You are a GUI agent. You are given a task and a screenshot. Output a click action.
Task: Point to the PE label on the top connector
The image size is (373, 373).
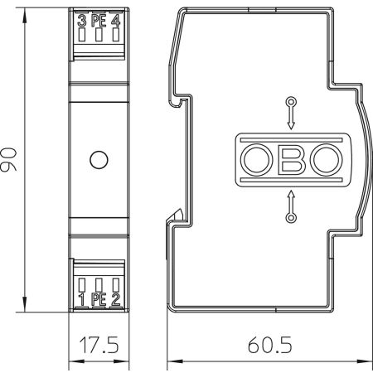tap(99, 21)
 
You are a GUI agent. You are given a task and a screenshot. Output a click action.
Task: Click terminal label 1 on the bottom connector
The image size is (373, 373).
tap(82, 298)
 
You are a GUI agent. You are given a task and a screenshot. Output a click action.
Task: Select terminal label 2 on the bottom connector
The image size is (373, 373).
tap(116, 298)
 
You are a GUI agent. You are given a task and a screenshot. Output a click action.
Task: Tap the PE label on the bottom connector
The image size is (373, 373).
tap(99, 298)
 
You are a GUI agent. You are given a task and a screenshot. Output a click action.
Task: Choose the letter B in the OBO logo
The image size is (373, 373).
tap(289, 159)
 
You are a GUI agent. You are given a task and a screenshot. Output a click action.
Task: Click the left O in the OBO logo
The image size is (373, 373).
tap(255, 159)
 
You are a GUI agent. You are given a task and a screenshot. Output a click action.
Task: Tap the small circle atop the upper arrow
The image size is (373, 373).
tap(289, 101)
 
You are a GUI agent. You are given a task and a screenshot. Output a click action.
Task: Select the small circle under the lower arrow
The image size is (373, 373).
tap(289, 218)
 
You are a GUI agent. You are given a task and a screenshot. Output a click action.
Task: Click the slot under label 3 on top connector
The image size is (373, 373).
tap(82, 36)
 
